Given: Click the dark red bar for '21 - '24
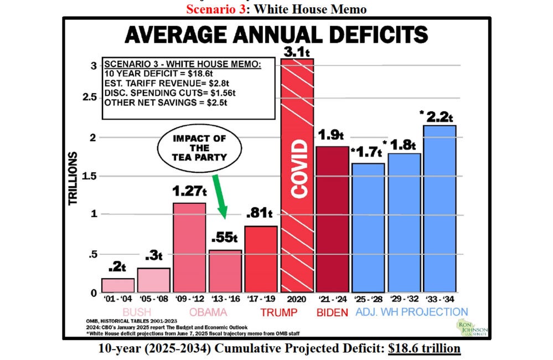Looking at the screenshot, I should coord(332,219).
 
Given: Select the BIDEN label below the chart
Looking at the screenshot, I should coord(333,312).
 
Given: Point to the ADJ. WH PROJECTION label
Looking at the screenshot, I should coord(412,312).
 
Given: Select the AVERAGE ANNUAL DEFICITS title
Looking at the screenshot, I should coord(276,35).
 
